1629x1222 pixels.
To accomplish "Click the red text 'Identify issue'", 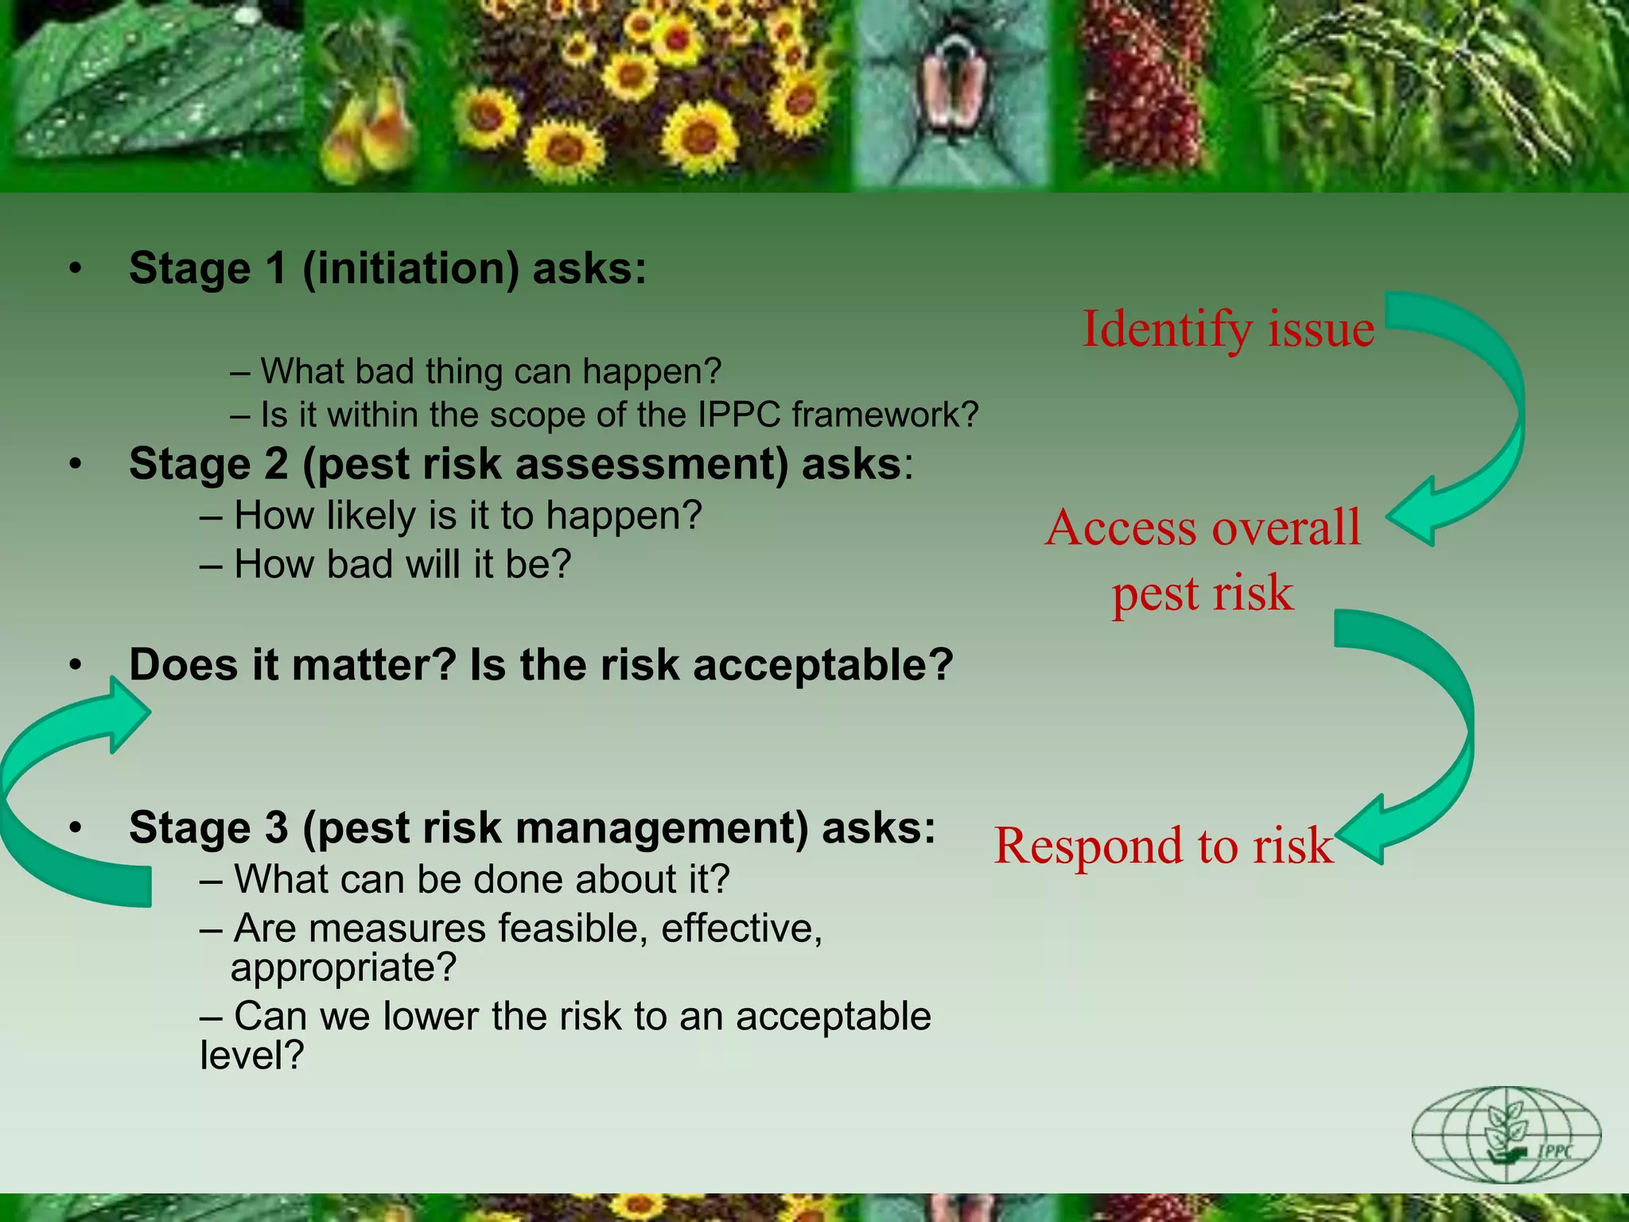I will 1227,329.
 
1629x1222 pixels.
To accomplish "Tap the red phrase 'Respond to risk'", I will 1163,845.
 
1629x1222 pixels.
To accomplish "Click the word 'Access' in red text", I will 1121,527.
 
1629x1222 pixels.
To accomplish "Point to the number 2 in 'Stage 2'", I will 276,464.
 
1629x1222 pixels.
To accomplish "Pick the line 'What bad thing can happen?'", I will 476,372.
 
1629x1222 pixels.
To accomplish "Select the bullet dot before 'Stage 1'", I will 75,269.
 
